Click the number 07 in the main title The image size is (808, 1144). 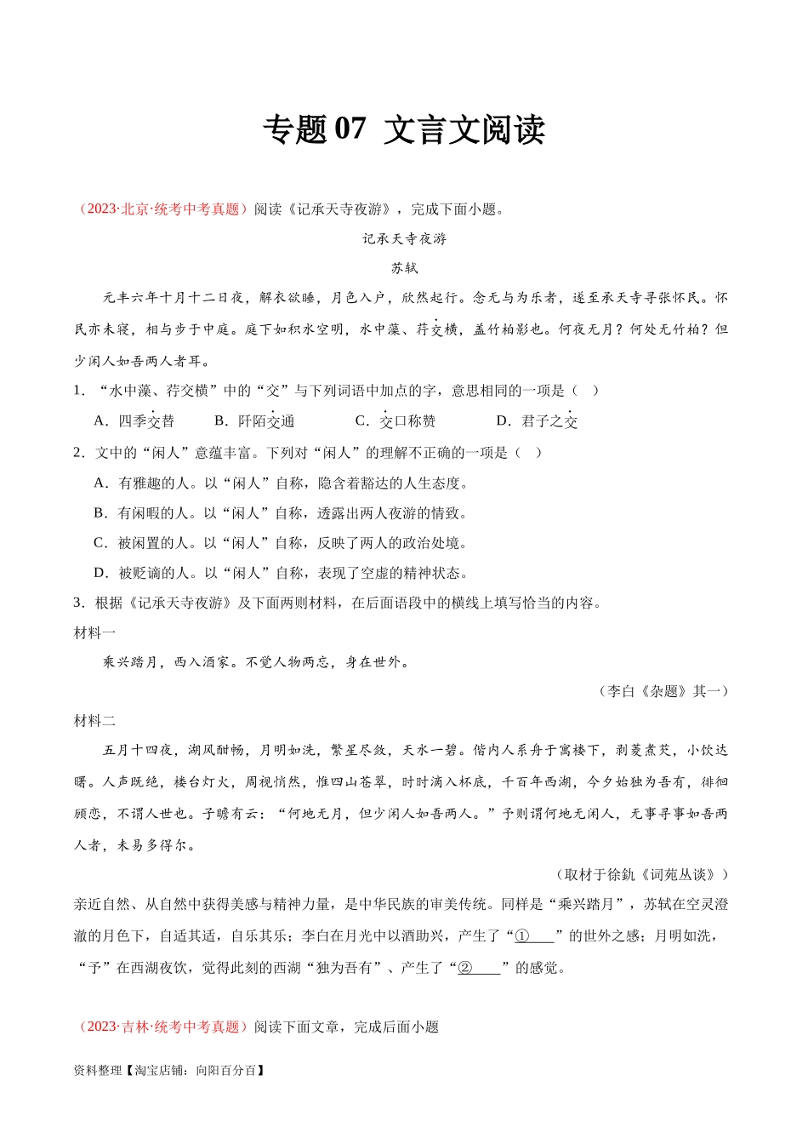pyautogui.click(x=350, y=129)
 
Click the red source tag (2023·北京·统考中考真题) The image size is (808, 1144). pyautogui.click(x=162, y=209)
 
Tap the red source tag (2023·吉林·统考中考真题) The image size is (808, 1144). pyautogui.click(x=162, y=1027)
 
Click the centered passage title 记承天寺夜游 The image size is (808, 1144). pyautogui.click(x=404, y=239)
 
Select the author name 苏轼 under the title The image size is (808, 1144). pyautogui.click(x=404, y=268)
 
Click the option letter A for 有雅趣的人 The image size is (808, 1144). pyautogui.click(x=100, y=483)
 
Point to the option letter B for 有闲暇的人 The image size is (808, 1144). pyautogui.click(x=100, y=513)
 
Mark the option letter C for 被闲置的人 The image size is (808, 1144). pyautogui.click(x=100, y=543)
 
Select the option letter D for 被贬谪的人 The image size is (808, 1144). pyautogui.click(x=100, y=573)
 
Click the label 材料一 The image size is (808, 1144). pyautogui.click(x=94, y=632)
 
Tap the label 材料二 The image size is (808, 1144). pyautogui.click(x=94, y=721)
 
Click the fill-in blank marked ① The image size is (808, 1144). pyautogui.click(x=534, y=936)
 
